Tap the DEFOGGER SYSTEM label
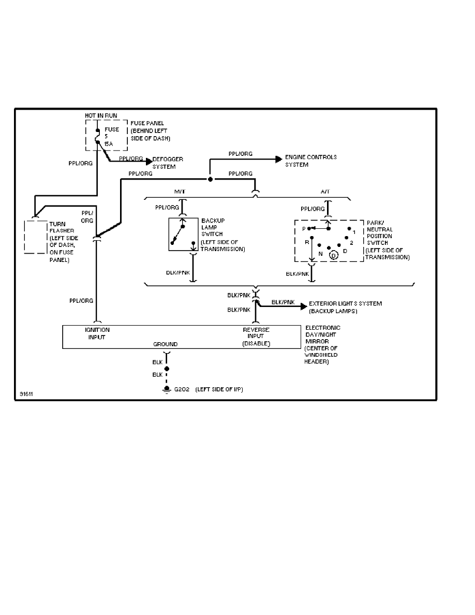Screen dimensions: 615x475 click(x=167, y=163)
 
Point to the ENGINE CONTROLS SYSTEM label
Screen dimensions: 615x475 click(x=311, y=160)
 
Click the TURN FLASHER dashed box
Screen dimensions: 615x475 click(x=36, y=237)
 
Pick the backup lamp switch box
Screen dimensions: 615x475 click(x=183, y=234)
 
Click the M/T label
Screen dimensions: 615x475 click(x=180, y=192)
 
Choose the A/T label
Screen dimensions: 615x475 click(x=325, y=192)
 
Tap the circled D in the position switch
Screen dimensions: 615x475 click(x=333, y=255)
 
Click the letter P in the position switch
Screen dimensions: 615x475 click(x=304, y=228)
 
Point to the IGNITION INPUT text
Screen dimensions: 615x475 click(x=97, y=333)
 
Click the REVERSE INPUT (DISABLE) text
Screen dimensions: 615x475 click(x=256, y=336)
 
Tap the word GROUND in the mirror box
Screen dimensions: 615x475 click(x=165, y=344)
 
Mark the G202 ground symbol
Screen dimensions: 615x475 click(x=167, y=389)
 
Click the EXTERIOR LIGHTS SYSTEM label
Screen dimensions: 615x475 click(x=345, y=307)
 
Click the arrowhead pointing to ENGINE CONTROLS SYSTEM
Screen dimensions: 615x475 click(x=278, y=160)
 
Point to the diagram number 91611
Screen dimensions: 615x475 click(x=24, y=393)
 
